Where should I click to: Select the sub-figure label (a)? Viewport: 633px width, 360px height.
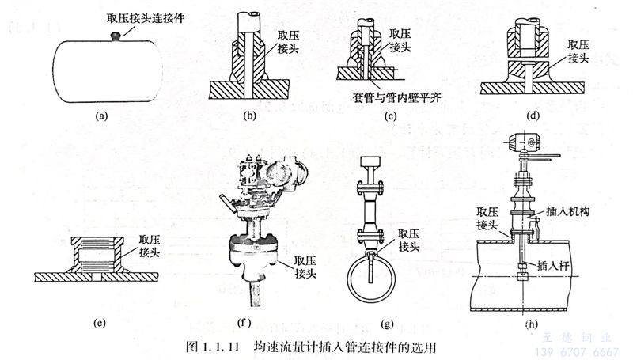pyautogui.click(x=100, y=116)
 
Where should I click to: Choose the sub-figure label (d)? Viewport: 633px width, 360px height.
pyautogui.click(x=534, y=116)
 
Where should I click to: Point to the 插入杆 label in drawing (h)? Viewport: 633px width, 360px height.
pyautogui.click(x=561, y=266)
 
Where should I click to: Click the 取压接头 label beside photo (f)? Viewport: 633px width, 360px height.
pyautogui.click(x=307, y=266)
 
